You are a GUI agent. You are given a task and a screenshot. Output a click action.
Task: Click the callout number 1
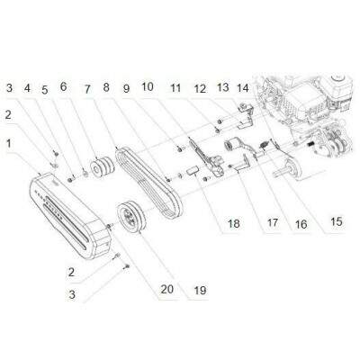9,144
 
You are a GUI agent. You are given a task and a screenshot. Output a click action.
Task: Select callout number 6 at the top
63,86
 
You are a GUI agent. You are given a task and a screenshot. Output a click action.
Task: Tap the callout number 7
87,89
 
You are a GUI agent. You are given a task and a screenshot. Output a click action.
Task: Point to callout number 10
148,87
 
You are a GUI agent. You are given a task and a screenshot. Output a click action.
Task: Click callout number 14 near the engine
243,88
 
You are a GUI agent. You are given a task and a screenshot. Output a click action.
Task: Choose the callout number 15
337,221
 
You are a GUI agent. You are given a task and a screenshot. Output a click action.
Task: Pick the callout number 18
234,223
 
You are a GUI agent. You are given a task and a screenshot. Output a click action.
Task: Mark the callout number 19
200,290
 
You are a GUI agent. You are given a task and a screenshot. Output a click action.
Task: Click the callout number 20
167,289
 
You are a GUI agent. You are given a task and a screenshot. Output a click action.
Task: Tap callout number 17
273,222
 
